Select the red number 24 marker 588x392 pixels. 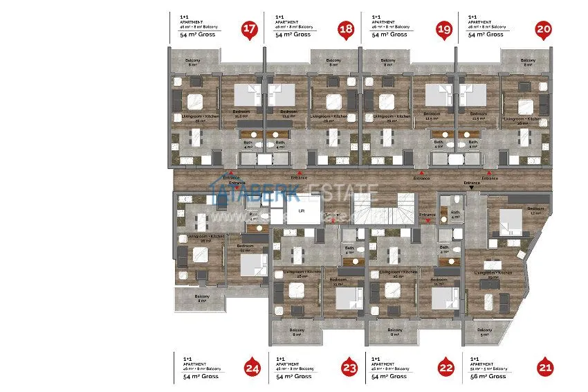coord(252,369)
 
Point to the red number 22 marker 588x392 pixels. coord(446,369)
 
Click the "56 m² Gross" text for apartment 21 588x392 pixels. coord(488,376)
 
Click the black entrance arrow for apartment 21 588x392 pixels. coord(471,187)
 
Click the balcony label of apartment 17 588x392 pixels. coord(193,62)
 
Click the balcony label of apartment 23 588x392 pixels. coord(297,332)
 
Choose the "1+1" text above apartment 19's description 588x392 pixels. coord(376,16)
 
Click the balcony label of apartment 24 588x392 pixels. coord(202,298)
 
